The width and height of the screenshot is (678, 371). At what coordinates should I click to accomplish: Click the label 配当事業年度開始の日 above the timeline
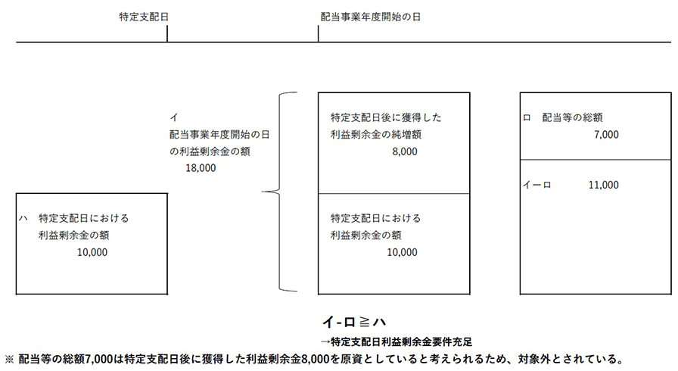click(371, 16)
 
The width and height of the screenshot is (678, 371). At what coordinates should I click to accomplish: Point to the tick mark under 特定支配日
click(167, 34)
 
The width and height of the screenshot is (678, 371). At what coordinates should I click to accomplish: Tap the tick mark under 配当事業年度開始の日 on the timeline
click(319, 34)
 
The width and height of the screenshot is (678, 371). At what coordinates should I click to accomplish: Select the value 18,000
click(201, 168)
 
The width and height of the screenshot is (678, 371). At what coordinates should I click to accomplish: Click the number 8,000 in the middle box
click(405, 151)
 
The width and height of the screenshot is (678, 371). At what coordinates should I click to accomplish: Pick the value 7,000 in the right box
click(606, 134)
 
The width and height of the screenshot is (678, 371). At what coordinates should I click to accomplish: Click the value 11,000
click(603, 185)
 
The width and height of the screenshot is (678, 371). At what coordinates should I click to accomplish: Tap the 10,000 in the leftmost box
click(92, 252)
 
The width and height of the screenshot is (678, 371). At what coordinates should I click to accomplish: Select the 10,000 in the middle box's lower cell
click(402, 252)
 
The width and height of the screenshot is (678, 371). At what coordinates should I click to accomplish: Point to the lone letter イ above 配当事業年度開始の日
click(174, 117)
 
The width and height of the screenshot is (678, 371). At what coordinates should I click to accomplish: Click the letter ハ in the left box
click(23, 218)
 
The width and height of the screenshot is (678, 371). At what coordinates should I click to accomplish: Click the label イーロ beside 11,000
click(537, 185)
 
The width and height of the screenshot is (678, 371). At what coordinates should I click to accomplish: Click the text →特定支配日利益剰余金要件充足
click(402, 341)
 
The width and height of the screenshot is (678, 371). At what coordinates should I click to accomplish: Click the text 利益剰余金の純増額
click(375, 134)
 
